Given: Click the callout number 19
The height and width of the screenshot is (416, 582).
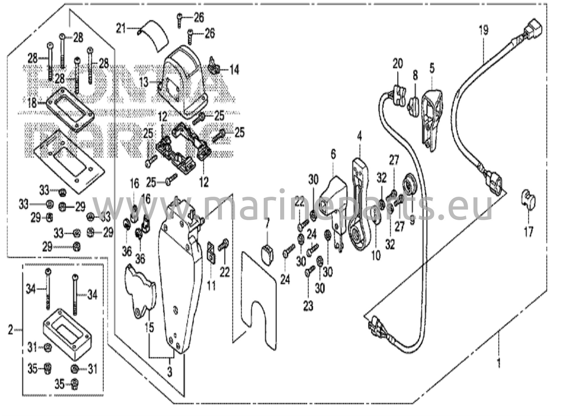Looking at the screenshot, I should pyautogui.click(x=483, y=30).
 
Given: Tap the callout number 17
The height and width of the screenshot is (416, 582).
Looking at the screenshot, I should pyautogui.click(x=529, y=232).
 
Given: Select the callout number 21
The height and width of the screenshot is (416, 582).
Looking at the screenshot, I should pyautogui.click(x=121, y=28).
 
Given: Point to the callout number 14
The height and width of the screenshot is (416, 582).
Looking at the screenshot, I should pyautogui.click(x=234, y=70).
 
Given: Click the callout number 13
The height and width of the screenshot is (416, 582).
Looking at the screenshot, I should pyautogui.click(x=144, y=82).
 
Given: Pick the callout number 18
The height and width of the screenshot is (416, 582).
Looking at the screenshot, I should pyautogui.click(x=32, y=103).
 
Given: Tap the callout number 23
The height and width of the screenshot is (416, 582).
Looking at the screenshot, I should pyautogui.click(x=308, y=306).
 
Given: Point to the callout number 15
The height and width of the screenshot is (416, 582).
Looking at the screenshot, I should pyautogui.click(x=149, y=327).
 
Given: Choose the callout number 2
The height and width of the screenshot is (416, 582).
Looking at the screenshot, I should pyautogui.click(x=11, y=330).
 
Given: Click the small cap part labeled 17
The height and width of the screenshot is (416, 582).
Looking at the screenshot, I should pyautogui.click(x=528, y=200).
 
